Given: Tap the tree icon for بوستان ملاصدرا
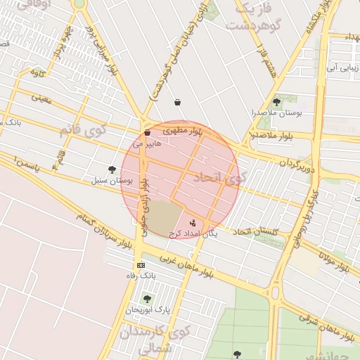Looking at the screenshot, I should pyautogui.click(x=276, y=102).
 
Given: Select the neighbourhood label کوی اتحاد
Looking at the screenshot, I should pyautogui.click(x=219, y=176).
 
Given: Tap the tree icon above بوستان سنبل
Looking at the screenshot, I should pyautogui.click(x=112, y=169).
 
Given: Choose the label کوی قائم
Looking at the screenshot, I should pyautogui.click(x=80, y=131).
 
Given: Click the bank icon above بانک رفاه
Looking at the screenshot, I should pyautogui.click(x=141, y=265).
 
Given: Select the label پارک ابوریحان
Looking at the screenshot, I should pyautogui.click(x=148, y=309).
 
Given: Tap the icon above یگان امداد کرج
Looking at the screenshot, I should pyautogui.click(x=193, y=222).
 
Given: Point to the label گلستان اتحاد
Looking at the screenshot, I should pyautogui.click(x=256, y=231).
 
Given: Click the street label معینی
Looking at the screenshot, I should pyautogui.click(x=41, y=98).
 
